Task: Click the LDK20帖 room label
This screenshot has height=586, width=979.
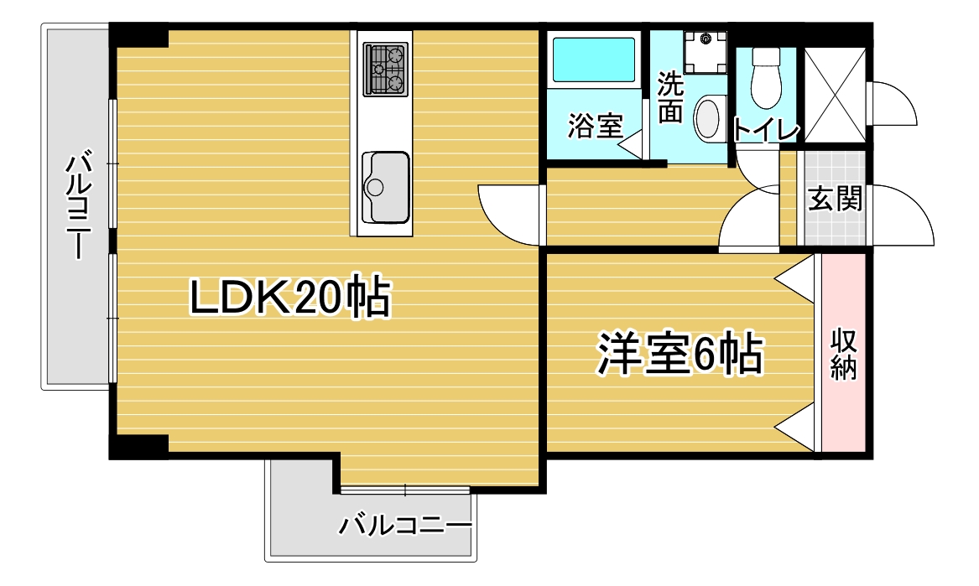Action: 290,298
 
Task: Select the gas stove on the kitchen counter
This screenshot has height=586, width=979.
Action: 386,70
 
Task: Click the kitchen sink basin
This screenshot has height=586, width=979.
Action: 386,187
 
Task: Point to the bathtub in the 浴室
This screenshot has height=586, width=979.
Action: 593,60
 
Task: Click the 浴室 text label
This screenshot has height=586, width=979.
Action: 595,126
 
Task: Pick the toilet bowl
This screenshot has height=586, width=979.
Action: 765,78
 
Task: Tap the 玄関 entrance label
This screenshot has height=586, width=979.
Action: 835,199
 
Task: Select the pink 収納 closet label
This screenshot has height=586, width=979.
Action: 843,353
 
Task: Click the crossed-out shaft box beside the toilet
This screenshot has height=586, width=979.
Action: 835,94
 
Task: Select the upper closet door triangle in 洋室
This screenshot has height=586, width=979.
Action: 795,278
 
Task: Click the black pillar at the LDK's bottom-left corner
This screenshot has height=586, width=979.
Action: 138,447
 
